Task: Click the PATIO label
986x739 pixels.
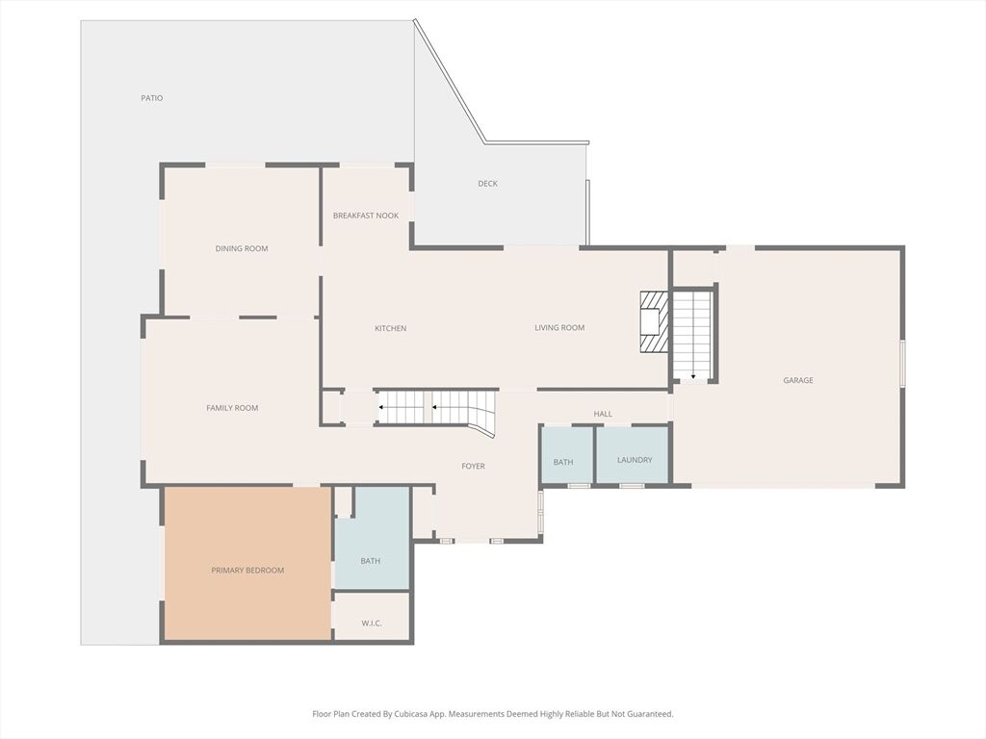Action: (151, 98)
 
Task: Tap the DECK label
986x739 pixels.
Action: (487, 184)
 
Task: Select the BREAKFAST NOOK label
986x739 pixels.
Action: (366, 216)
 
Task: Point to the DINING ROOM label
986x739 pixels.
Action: (242, 248)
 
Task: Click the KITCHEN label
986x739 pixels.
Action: (391, 328)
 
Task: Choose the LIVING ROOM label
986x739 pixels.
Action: (559, 327)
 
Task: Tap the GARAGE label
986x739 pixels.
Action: (798, 380)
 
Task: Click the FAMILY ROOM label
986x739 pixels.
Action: (232, 408)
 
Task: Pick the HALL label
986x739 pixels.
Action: (603, 414)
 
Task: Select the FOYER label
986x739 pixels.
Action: (474, 466)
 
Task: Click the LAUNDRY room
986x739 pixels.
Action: (632, 455)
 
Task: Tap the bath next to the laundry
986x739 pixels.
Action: (566, 455)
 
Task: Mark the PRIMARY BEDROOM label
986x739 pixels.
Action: (247, 571)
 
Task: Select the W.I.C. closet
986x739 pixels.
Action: (372, 616)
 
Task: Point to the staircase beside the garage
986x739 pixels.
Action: (692, 334)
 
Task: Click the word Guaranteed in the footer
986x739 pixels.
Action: (654, 714)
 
